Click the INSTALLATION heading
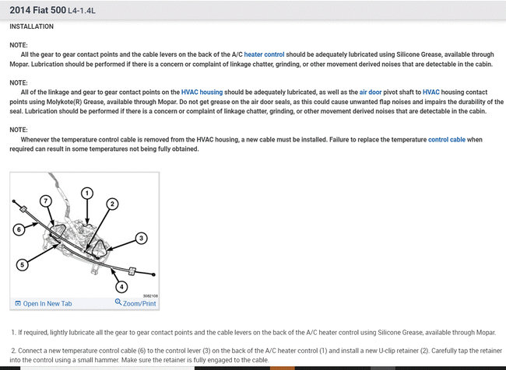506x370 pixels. click(x=31, y=26)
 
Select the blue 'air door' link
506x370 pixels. click(x=374, y=92)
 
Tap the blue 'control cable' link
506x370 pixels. click(x=448, y=139)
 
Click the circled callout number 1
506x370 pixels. click(x=87, y=192)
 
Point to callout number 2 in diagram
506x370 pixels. click(x=112, y=204)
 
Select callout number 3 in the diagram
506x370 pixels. click(x=141, y=238)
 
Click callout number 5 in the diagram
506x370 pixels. click(x=23, y=264)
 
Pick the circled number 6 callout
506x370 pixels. click(x=19, y=229)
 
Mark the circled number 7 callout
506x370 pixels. click(x=47, y=201)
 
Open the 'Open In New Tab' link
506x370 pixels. click(x=47, y=303)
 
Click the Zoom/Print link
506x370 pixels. click(x=140, y=303)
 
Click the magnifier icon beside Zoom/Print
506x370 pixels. click(x=118, y=302)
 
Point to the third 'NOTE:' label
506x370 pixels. click(x=19, y=130)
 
